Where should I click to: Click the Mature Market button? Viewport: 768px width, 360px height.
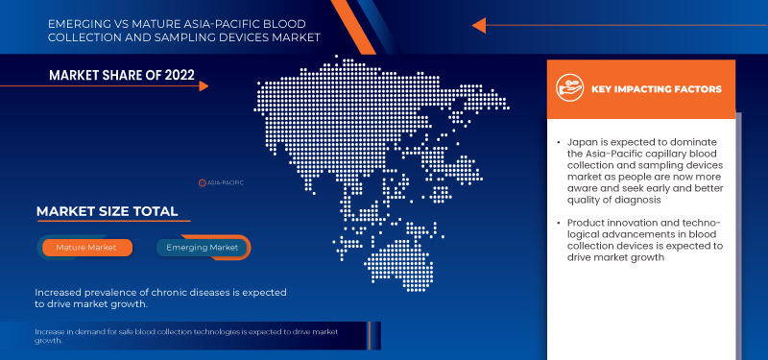click(x=87, y=248)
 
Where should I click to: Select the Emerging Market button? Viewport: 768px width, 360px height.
click(x=203, y=248)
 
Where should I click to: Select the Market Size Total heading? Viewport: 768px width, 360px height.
click(x=107, y=211)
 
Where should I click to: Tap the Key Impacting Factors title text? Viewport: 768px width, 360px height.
click(x=657, y=89)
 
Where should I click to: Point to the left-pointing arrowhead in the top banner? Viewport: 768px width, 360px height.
click(x=479, y=25)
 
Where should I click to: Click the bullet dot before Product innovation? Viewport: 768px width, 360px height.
click(x=558, y=225)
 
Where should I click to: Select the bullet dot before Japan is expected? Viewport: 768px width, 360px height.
click(x=558, y=141)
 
